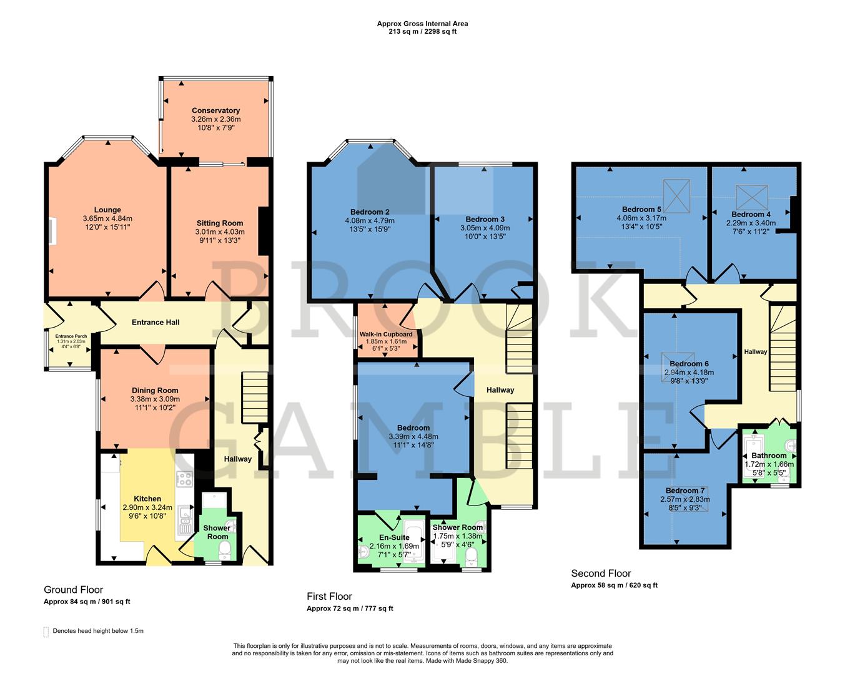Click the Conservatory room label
215,110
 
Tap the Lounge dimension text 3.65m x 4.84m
107,218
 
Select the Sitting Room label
220,223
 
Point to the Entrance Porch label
72,336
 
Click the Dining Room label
155,391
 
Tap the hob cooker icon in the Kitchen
185,479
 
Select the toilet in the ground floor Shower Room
225,549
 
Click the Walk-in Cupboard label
386,335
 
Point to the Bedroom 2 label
370,212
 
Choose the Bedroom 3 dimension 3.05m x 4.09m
485,228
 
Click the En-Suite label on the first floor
395,537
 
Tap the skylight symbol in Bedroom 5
676,189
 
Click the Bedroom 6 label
689,364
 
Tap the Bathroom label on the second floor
769,456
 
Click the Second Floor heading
601,573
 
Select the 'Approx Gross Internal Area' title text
422,24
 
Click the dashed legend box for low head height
46,632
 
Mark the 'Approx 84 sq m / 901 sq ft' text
87,602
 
